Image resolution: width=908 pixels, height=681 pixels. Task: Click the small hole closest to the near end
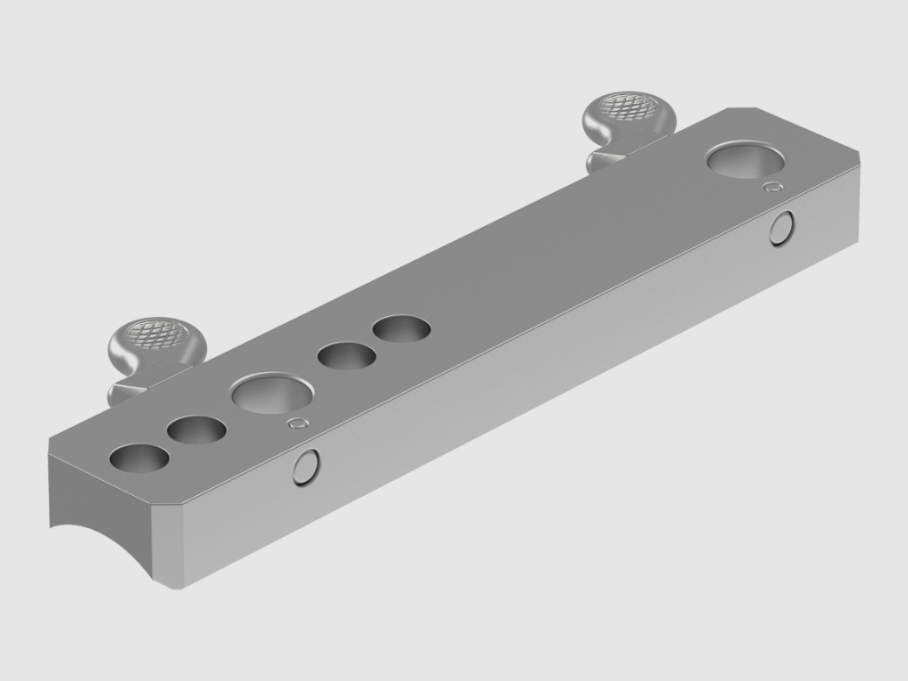(x=140, y=459)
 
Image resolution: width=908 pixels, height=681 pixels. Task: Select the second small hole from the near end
(x=197, y=430)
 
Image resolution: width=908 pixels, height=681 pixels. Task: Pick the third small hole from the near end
(x=347, y=355)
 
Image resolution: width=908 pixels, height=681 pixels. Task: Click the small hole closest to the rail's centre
(x=402, y=329)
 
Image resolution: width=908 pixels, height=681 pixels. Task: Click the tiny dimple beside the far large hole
(x=771, y=187)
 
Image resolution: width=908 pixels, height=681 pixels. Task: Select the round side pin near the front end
(x=306, y=468)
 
